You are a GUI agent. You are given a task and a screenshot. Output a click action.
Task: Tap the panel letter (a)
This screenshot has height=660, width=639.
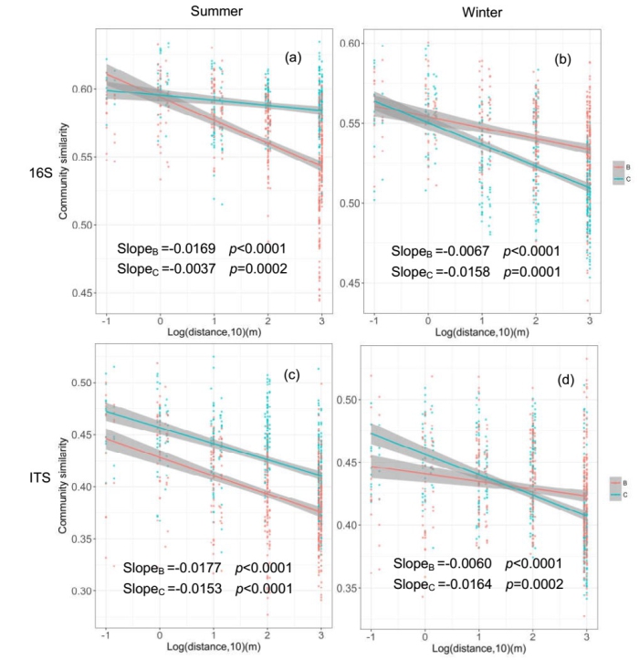point(292,58)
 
